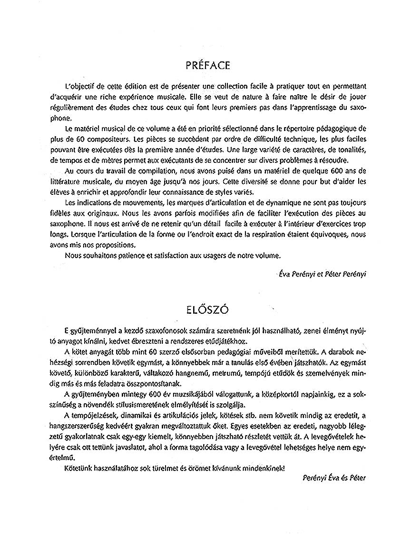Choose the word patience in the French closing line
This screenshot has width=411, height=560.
point(120,255)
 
